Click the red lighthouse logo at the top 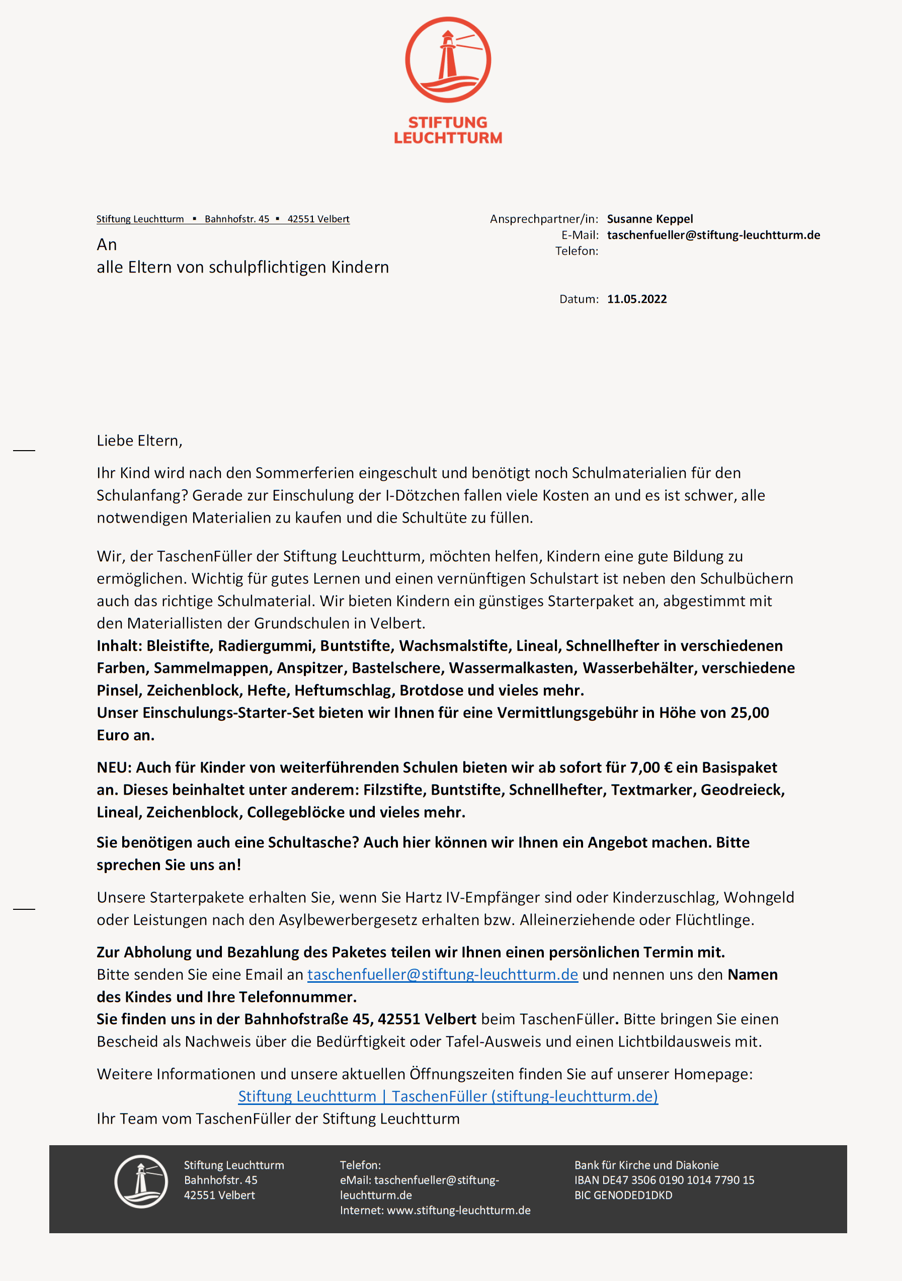coord(448,60)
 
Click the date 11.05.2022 coord(637,299)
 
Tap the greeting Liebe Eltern coord(139,441)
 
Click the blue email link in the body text coord(442,974)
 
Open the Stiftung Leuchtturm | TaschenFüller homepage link coord(448,1096)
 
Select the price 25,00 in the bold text coord(749,713)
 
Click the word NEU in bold coord(113,767)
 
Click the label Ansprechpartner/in coord(544,219)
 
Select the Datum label coord(578,299)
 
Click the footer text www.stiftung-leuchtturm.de coord(458,1210)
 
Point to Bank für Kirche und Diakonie coord(646,1165)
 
